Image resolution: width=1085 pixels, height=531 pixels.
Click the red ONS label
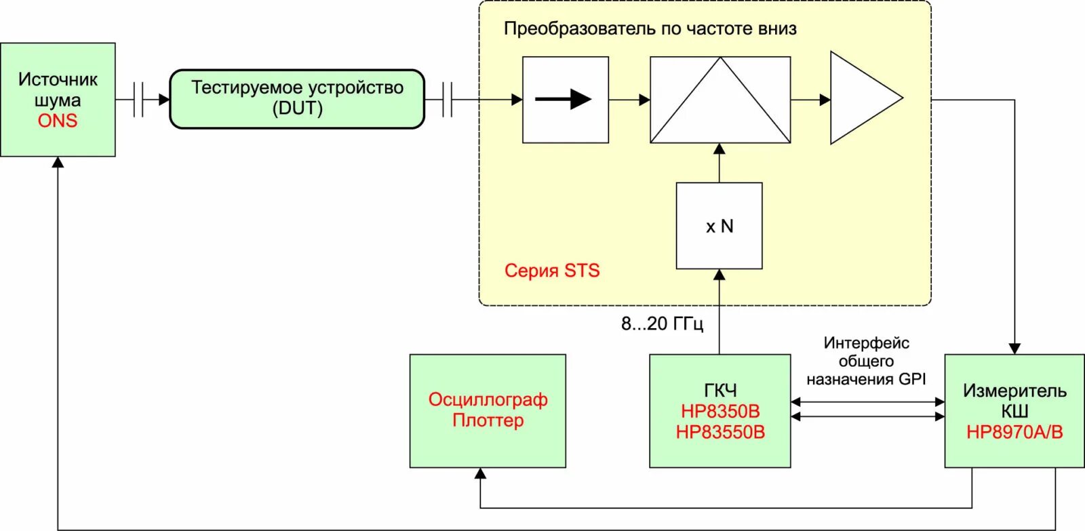(58, 121)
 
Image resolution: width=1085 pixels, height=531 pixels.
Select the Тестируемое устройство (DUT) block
(297, 98)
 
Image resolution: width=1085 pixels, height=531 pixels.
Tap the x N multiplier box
(719, 226)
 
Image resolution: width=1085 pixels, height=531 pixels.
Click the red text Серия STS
(552, 271)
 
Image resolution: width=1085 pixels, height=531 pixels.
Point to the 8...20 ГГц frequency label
(662, 323)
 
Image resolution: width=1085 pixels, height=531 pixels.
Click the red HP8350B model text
(720, 411)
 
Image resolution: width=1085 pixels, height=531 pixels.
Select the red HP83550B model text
(720, 432)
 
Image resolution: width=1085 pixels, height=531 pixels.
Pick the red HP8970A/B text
(1014, 432)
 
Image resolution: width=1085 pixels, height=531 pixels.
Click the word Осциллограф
(488, 399)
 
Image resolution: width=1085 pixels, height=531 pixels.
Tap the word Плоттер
(488, 420)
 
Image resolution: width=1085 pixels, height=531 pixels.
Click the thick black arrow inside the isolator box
(564, 99)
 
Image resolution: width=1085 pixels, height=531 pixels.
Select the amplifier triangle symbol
(861, 98)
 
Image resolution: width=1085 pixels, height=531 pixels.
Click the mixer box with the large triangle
(720, 100)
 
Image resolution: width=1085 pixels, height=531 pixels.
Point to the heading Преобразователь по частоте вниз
(650, 28)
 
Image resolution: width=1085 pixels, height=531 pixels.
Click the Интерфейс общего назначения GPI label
(866, 361)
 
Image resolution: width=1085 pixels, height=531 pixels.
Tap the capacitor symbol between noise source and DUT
(138, 100)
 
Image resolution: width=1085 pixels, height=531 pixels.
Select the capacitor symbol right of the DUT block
(447, 100)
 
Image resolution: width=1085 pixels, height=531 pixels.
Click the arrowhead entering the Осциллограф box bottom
(481, 473)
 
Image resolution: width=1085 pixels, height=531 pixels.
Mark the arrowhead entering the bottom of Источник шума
(58, 163)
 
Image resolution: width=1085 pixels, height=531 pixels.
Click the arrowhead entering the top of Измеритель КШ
(1014, 348)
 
